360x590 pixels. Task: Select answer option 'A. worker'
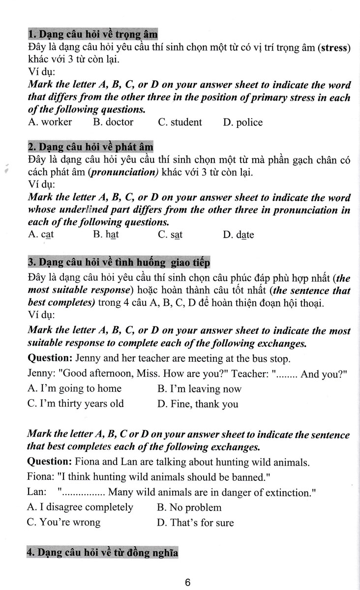pyautogui.click(x=50, y=122)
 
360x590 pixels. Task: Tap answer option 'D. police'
pyautogui.click(x=242, y=122)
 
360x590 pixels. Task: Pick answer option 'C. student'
pyautogui.click(x=180, y=122)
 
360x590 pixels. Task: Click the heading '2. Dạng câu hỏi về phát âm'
pyautogui.click(x=90, y=147)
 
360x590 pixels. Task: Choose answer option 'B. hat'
pyautogui.click(x=106, y=235)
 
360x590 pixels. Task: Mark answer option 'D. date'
pyautogui.click(x=238, y=235)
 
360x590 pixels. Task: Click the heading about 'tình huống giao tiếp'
pyautogui.click(x=119, y=263)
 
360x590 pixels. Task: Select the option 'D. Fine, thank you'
pyautogui.click(x=198, y=404)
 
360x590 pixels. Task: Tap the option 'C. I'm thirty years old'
pyautogui.click(x=76, y=404)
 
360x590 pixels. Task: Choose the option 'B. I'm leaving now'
pyautogui.click(x=199, y=389)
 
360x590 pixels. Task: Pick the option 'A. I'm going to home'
pyautogui.click(x=74, y=388)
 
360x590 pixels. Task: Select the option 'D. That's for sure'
pyautogui.click(x=195, y=523)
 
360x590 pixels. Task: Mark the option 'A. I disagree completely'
pyautogui.click(x=80, y=507)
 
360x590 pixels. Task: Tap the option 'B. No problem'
pyautogui.click(x=189, y=507)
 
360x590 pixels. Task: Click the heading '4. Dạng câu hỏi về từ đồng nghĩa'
pyautogui.click(x=102, y=553)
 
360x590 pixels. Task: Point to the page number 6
pyautogui.click(x=187, y=583)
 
